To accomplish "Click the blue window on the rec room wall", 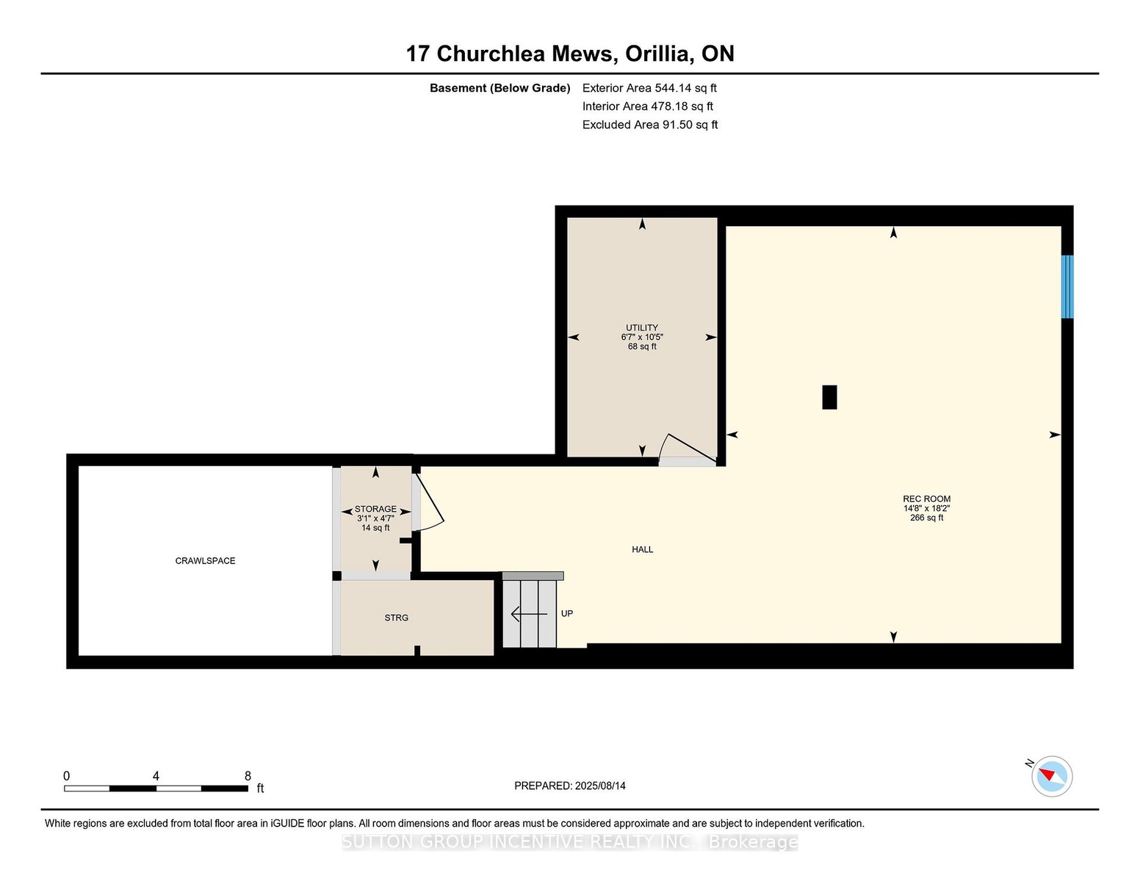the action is pyautogui.click(x=1067, y=286).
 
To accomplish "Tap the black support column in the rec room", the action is pyautogui.click(x=829, y=396).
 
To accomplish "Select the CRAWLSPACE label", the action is pyautogui.click(x=205, y=561).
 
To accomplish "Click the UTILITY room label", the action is pyautogui.click(x=641, y=327).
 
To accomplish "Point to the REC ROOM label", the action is pyautogui.click(x=926, y=499).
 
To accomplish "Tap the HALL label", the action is pyautogui.click(x=642, y=549).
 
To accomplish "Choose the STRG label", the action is pyautogui.click(x=396, y=618).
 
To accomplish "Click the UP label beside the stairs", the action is pyautogui.click(x=566, y=613).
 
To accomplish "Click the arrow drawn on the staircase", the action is pyautogui.click(x=529, y=614).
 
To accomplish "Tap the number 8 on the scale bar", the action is pyautogui.click(x=248, y=776).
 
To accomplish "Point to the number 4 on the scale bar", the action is pyautogui.click(x=156, y=776).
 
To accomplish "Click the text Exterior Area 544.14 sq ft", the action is pyautogui.click(x=649, y=88).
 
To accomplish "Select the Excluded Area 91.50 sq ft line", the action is pyautogui.click(x=649, y=125).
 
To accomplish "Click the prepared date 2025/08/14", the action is pyautogui.click(x=600, y=786).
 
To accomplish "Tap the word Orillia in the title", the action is pyautogui.click(x=657, y=54).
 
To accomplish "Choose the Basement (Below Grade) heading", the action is pyautogui.click(x=499, y=88).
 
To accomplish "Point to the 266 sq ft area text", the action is pyautogui.click(x=926, y=518).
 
